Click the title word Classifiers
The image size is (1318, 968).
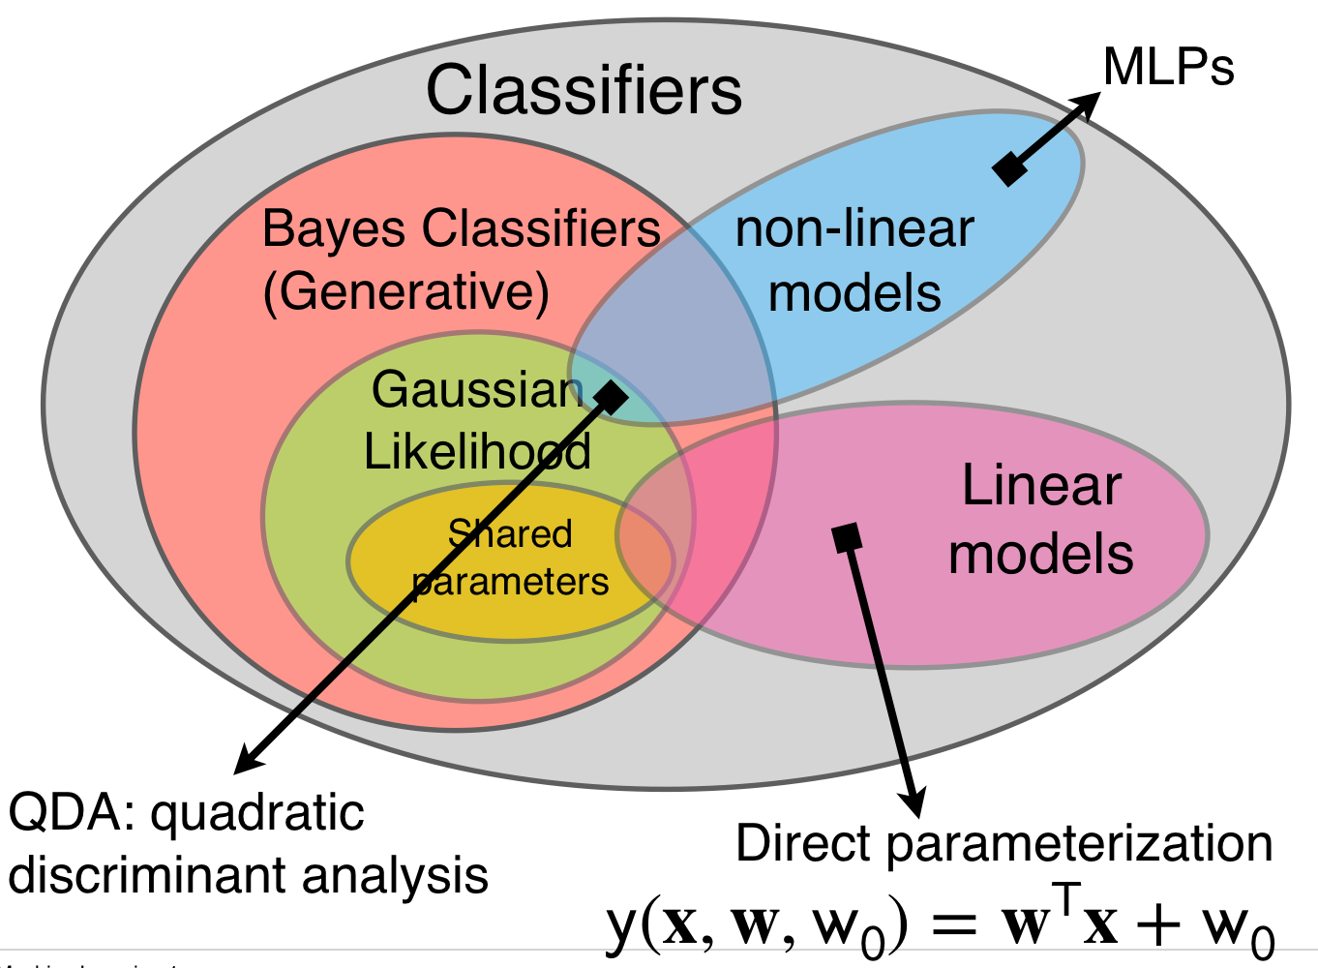point(584,91)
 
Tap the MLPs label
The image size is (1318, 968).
point(1168,68)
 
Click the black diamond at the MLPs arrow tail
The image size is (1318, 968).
point(1009,169)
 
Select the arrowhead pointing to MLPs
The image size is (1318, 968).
point(1090,102)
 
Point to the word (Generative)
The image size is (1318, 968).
point(406,291)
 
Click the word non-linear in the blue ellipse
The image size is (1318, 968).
point(854,230)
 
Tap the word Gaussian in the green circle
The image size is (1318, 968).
point(477,390)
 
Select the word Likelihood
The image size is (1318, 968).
point(477,451)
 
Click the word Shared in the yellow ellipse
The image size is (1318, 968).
point(510,534)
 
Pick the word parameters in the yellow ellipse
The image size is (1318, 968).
point(510,582)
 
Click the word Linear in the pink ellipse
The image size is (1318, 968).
point(1041,486)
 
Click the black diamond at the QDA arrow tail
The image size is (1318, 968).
point(611,396)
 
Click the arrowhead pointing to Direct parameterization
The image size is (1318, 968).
point(912,804)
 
